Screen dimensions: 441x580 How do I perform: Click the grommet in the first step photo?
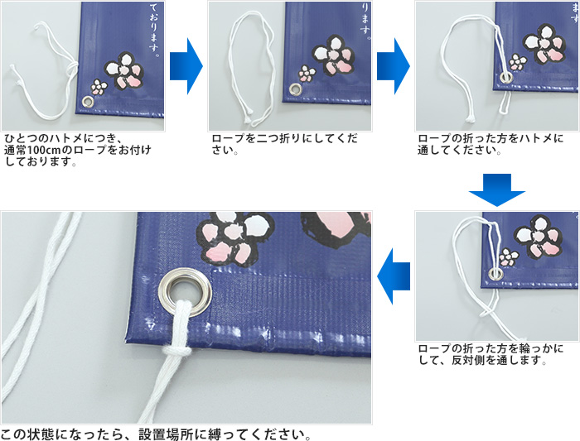click(87, 102)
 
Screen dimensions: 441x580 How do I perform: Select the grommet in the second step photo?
click(295, 89)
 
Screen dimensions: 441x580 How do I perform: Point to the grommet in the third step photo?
click(505, 78)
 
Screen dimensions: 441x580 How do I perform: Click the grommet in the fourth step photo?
click(496, 273)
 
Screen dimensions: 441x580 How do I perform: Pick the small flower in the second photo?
click(307, 73)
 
